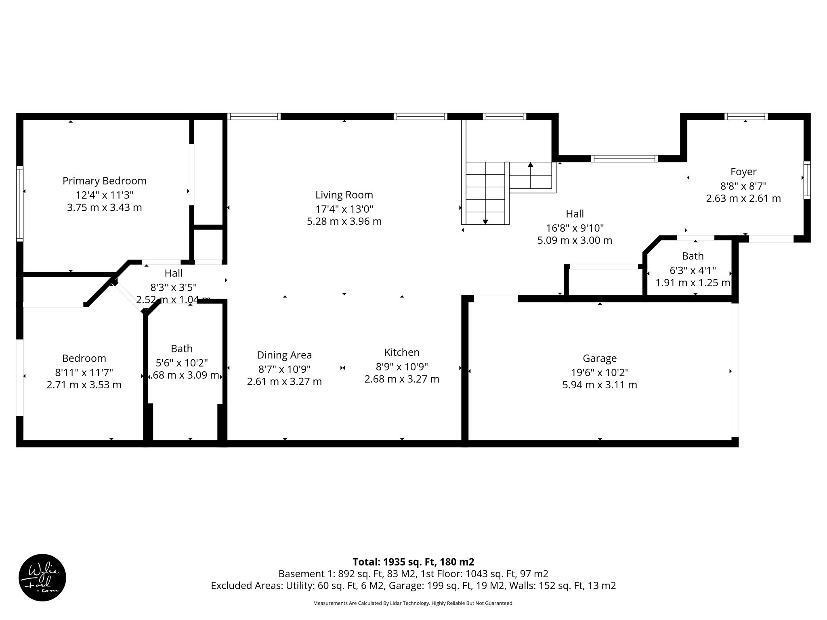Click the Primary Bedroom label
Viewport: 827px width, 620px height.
(x=104, y=181)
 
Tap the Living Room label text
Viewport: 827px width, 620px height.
(x=344, y=195)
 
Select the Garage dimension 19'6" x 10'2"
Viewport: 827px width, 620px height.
(x=600, y=372)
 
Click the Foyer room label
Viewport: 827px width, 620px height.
(x=743, y=172)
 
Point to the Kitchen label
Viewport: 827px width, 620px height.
(x=402, y=352)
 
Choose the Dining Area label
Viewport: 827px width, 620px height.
(x=284, y=355)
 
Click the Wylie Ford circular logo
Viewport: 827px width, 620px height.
(x=42, y=578)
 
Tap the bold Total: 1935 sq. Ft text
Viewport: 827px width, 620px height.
(x=413, y=562)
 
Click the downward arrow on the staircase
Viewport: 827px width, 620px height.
(x=485, y=221)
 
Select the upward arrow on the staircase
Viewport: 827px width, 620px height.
(x=530, y=165)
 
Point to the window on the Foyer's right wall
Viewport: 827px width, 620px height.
(x=807, y=180)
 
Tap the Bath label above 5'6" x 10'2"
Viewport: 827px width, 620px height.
(x=182, y=349)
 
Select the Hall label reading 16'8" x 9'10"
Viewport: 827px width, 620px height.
(x=575, y=214)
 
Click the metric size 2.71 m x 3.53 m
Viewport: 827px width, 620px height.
(x=84, y=385)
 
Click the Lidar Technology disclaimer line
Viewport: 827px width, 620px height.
(x=413, y=603)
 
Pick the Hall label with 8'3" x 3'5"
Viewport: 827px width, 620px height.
(x=173, y=273)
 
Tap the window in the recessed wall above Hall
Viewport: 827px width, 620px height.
(x=624, y=159)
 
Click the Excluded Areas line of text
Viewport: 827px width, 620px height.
(x=413, y=586)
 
